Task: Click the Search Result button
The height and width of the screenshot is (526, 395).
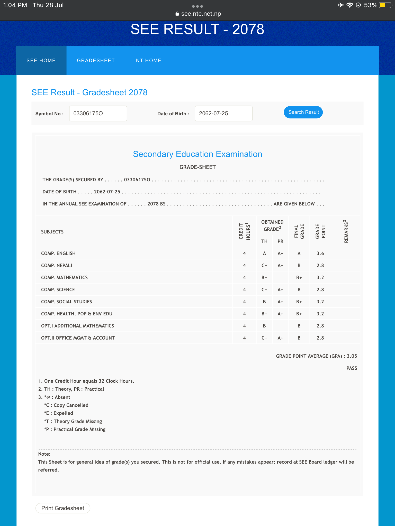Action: click(x=303, y=112)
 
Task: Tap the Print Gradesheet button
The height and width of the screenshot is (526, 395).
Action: click(x=63, y=508)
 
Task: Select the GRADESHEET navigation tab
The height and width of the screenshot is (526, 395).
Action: click(x=96, y=61)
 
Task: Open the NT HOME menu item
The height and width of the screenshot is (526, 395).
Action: click(x=148, y=61)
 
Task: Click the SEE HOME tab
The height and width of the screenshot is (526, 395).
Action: click(x=41, y=61)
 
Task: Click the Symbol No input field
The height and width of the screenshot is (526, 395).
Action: click(x=98, y=114)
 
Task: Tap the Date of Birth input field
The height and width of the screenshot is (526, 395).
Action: click(x=223, y=114)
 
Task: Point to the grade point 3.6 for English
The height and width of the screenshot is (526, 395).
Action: click(x=320, y=253)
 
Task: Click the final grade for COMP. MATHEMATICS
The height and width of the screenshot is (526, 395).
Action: click(x=299, y=278)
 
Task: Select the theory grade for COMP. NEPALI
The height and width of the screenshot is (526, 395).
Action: click(x=264, y=266)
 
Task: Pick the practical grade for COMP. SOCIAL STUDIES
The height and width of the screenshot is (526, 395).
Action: click(x=280, y=302)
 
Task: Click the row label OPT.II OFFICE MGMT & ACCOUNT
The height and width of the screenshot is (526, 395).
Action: click(x=78, y=338)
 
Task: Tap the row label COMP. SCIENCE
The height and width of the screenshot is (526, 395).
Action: click(x=58, y=290)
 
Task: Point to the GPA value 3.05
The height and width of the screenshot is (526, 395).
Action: click(x=352, y=356)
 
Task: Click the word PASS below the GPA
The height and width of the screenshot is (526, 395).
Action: click(x=352, y=368)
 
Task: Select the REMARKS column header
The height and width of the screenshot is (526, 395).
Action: click(x=346, y=231)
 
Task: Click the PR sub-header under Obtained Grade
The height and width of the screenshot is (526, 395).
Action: click(x=280, y=241)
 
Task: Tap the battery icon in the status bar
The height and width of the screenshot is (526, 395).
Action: click(x=385, y=5)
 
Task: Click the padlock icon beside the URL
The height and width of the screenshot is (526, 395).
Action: click(x=177, y=14)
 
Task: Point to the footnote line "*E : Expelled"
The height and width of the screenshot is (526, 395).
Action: click(x=59, y=413)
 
